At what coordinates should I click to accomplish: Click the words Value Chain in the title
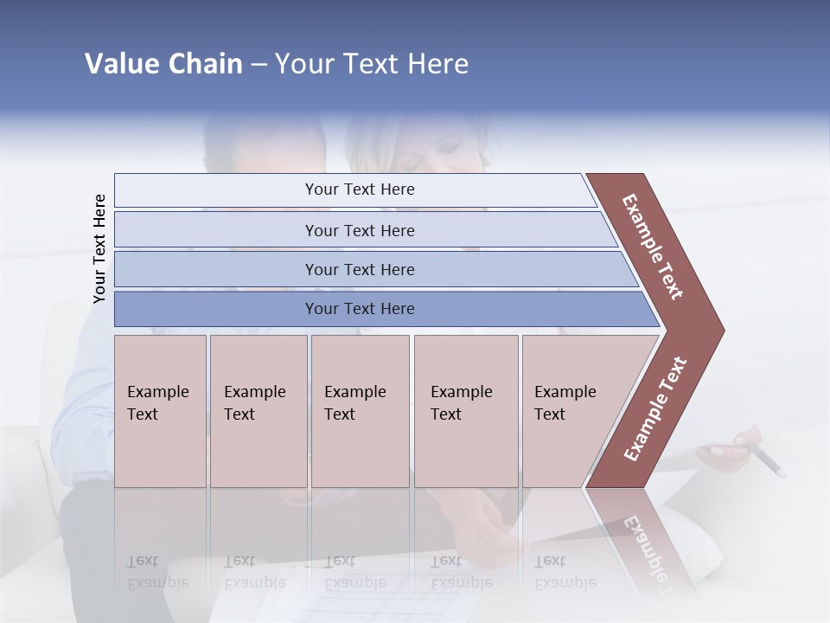163,64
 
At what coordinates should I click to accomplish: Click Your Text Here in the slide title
372,64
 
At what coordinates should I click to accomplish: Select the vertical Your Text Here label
99,248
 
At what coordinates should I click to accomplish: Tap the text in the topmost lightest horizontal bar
360,189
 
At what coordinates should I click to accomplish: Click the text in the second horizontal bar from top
360,231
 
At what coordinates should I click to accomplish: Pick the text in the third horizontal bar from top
360,270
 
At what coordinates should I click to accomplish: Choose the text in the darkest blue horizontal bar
360,309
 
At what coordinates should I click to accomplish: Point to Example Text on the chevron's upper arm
653,247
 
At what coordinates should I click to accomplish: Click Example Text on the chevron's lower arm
655,409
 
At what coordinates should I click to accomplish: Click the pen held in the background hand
768,460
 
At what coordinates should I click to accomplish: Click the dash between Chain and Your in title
259,65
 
